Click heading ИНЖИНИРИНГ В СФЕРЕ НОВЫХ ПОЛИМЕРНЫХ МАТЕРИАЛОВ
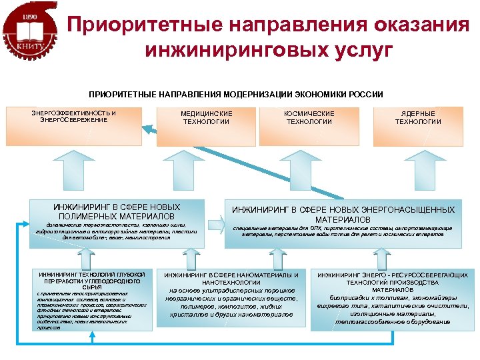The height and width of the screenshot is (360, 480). [116, 212]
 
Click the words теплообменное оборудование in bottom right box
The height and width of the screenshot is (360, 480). [392, 322]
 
